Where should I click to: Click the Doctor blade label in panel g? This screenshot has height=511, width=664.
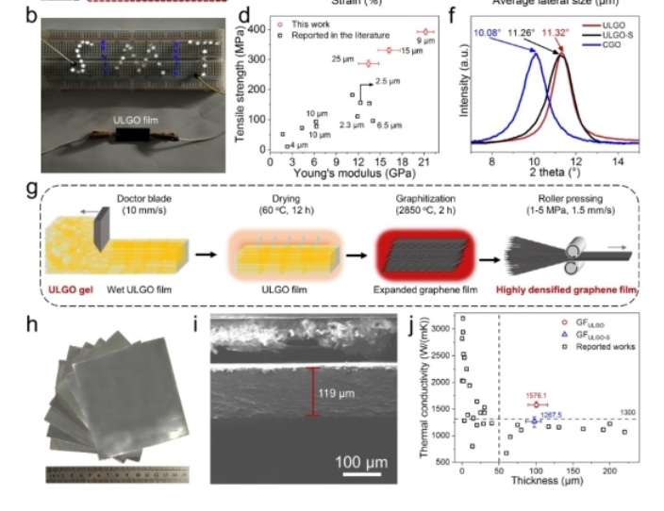click(x=143, y=199)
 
